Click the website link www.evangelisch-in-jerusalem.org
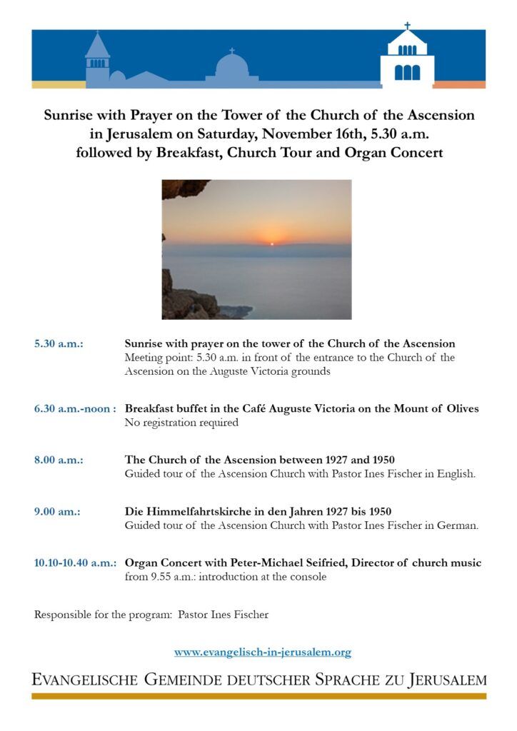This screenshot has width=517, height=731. pyautogui.click(x=263, y=652)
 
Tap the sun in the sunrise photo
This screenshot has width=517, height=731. pyautogui.click(x=271, y=243)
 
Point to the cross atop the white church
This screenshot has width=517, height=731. pyautogui.click(x=408, y=26)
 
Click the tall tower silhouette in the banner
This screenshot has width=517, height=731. pyautogui.click(x=97, y=61)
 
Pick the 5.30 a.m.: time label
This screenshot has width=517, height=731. pyautogui.click(x=59, y=344)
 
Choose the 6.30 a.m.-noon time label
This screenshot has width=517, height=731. pyautogui.click(x=75, y=409)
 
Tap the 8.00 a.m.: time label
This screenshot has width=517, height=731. pyautogui.click(x=59, y=460)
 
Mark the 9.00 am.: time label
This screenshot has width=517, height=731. pyautogui.click(x=57, y=512)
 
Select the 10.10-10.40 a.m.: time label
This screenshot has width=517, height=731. pyautogui.click(x=75, y=563)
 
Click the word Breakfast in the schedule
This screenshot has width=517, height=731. pyautogui.click(x=147, y=409)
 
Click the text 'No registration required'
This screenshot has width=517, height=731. pyautogui.click(x=181, y=423)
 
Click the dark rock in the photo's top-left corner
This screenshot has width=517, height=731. pyautogui.click(x=181, y=188)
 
